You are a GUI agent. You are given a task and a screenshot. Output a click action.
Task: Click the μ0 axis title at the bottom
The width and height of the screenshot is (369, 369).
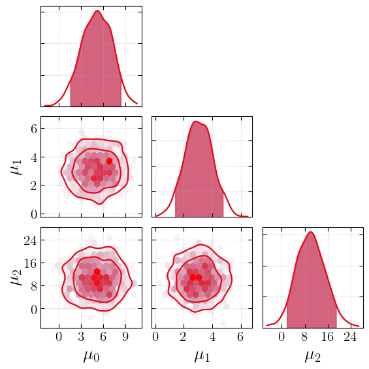pos(91,357)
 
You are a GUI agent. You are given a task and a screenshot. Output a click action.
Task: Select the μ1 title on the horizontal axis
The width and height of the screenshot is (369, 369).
pos(202,357)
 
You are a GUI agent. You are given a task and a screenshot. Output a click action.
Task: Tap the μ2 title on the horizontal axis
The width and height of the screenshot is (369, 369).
pos(313,357)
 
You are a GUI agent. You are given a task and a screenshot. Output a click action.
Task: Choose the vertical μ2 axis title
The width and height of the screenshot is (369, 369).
pos(16,278)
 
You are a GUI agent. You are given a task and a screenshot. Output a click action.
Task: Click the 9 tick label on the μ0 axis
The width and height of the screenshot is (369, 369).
pos(125,337)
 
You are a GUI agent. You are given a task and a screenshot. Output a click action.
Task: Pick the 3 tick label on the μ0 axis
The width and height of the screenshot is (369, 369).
pos(81,337)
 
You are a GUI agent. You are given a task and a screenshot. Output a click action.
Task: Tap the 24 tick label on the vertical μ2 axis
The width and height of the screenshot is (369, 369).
pos(30,240)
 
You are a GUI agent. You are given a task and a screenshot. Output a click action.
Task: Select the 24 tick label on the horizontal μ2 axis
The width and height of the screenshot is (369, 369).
pos(351,337)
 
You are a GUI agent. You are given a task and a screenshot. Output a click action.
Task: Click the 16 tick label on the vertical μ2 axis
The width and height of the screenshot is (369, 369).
pos(30,263)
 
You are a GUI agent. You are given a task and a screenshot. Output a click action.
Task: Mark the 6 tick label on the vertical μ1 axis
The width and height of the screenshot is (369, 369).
pos(34,129)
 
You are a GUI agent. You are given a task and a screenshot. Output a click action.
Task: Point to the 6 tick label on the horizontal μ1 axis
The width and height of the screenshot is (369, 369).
pos(240,337)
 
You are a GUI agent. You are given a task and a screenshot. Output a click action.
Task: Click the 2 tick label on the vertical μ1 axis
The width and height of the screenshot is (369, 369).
pos(34,186)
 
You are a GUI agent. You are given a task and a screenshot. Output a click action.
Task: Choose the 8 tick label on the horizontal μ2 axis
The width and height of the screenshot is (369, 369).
pos(304,337)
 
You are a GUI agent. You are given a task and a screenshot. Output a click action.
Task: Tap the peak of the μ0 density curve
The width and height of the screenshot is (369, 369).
pos(97,10)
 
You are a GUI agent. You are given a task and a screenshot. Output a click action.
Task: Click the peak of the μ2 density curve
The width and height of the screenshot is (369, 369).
pos(311,232)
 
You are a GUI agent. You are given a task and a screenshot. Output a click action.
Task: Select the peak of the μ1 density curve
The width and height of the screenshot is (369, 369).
pos(195,121)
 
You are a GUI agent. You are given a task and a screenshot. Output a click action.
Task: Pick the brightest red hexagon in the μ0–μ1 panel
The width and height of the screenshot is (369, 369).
pos(109,161)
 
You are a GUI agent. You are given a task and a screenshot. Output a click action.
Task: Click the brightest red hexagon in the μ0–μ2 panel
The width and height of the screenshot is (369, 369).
pos(97,272)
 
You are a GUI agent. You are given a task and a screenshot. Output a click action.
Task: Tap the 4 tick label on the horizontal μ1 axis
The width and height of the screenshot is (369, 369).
pos(212,337)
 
